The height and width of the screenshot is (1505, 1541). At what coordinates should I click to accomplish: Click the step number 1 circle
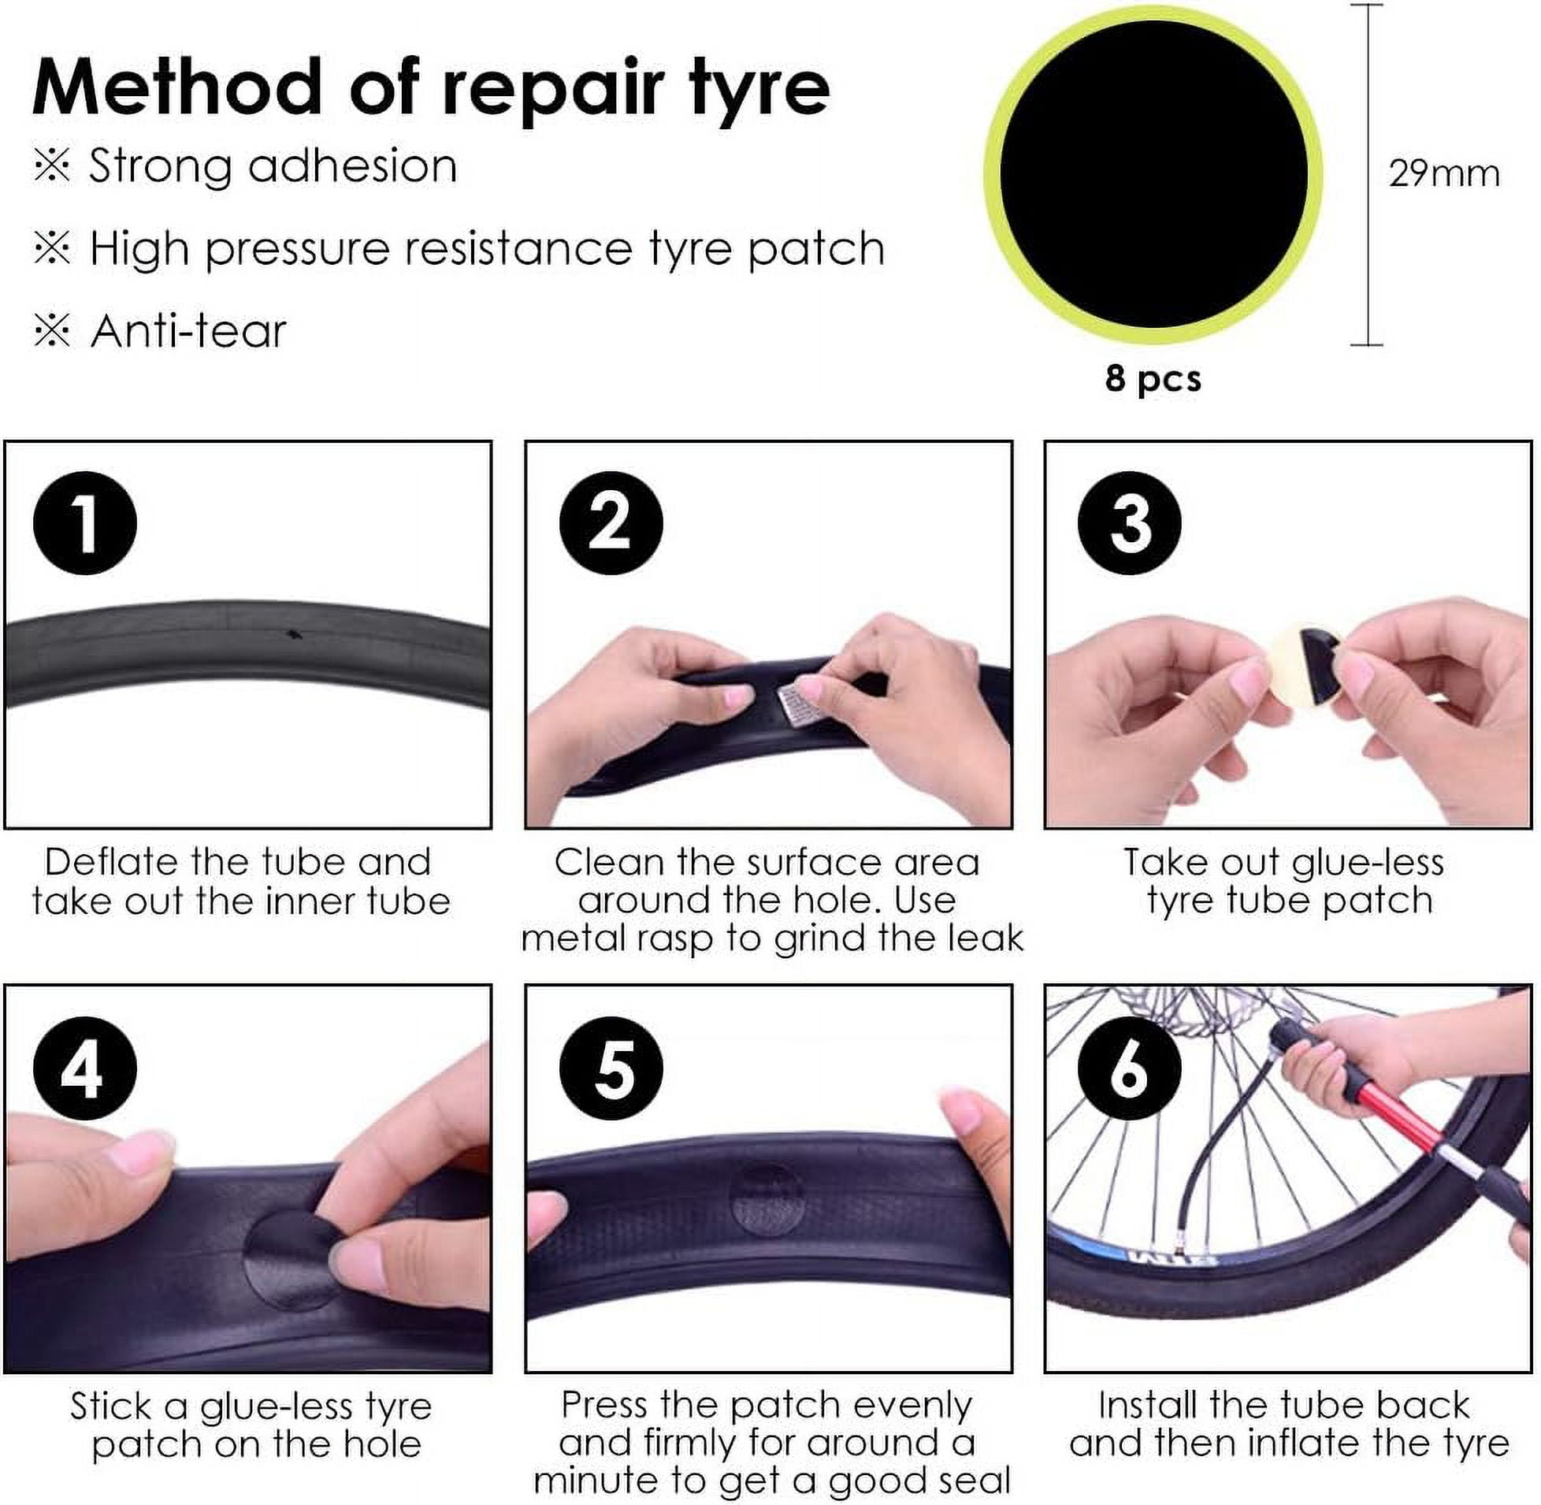[84, 522]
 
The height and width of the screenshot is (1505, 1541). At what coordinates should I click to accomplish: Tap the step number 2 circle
[611, 522]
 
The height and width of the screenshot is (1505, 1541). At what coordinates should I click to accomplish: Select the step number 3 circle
[1129, 522]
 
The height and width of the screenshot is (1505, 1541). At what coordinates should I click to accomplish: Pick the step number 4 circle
[84, 1068]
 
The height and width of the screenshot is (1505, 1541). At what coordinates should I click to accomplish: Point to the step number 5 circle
[611, 1068]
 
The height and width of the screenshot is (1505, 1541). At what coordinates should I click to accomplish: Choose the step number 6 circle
[1129, 1068]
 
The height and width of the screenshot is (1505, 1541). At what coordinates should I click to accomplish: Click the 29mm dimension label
[1444, 173]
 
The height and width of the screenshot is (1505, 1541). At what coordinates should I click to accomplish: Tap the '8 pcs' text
[1153, 379]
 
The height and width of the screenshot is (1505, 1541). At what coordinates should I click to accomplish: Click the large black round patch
[1153, 174]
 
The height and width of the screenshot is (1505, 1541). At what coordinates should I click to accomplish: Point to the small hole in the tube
[294, 634]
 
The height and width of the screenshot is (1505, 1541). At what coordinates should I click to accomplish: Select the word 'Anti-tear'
[188, 330]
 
